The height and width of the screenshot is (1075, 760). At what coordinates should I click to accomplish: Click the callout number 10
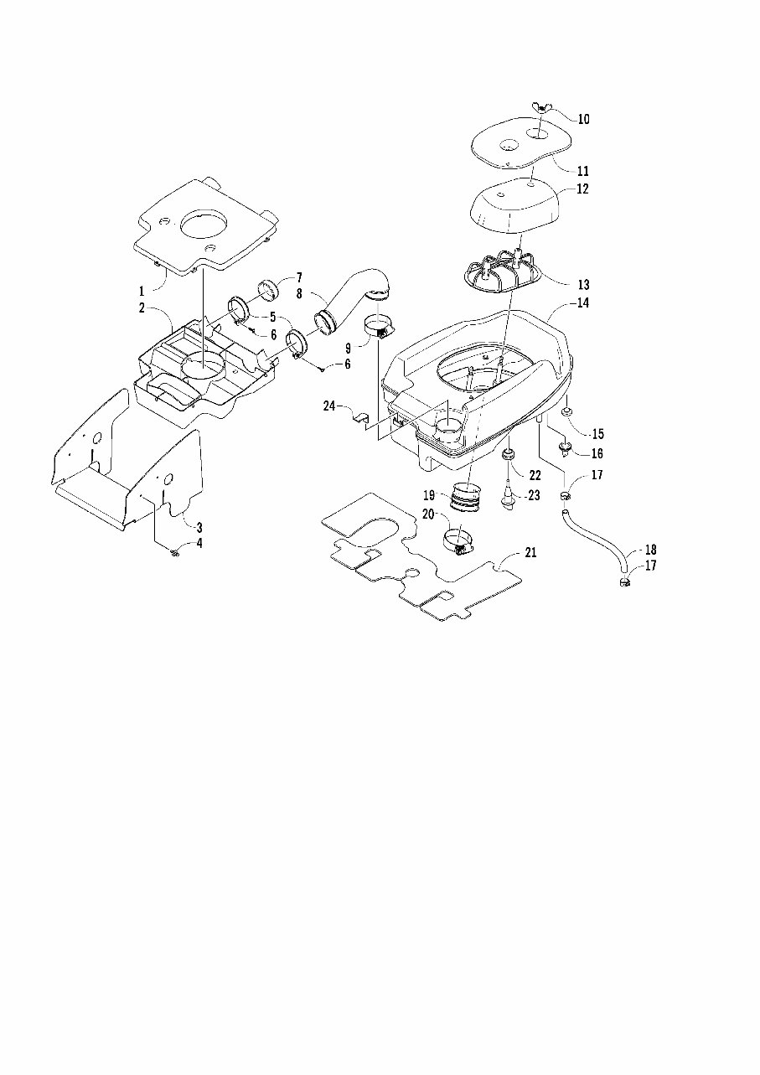point(583,120)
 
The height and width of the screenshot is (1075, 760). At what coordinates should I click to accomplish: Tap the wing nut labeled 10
point(538,108)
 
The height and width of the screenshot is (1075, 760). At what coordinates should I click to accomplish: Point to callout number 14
point(583,303)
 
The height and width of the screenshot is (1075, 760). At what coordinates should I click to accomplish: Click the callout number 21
point(530,553)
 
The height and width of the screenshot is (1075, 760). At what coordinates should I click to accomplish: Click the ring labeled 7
point(270,289)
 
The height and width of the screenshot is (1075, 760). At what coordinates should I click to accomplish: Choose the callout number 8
point(299,294)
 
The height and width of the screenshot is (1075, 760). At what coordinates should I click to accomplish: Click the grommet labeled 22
point(509,455)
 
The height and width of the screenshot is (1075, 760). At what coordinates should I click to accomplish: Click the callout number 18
point(651,550)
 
